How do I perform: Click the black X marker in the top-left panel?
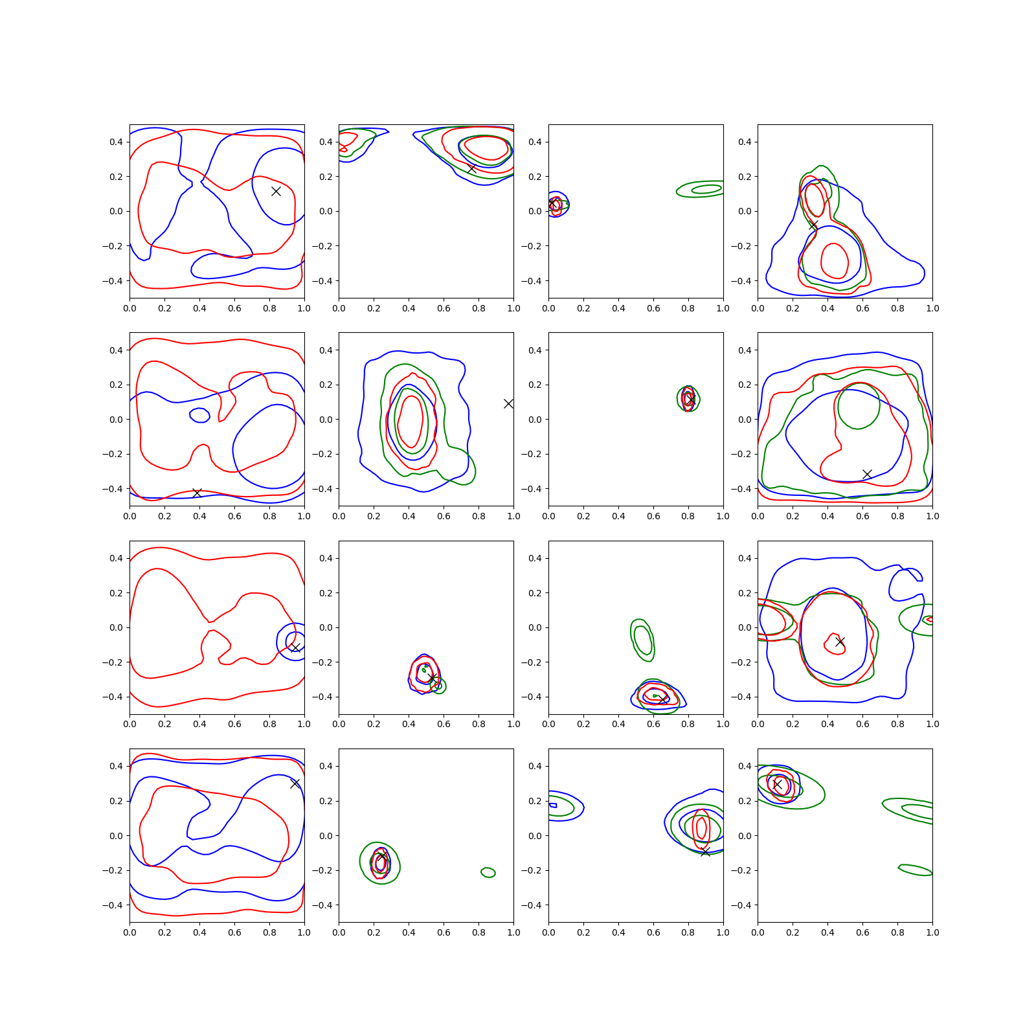(x=276, y=191)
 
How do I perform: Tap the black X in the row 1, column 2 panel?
(x=471, y=168)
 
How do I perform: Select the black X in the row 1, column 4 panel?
(x=813, y=225)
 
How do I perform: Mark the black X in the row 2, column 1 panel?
(x=197, y=493)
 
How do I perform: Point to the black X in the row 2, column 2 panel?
(x=508, y=403)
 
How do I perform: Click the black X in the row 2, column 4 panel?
(x=867, y=474)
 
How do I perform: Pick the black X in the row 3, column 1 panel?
(x=295, y=647)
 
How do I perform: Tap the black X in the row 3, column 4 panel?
(x=840, y=642)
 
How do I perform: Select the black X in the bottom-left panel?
(x=295, y=783)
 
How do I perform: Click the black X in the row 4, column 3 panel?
(x=705, y=851)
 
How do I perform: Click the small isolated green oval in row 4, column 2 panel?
(x=488, y=872)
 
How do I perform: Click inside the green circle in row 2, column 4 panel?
(x=859, y=406)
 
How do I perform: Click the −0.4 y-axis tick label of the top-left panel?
(x=112, y=281)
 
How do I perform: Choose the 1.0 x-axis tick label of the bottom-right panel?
(x=932, y=932)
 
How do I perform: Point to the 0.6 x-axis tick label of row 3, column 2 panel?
(x=444, y=724)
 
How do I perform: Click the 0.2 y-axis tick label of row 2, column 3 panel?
(x=535, y=385)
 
